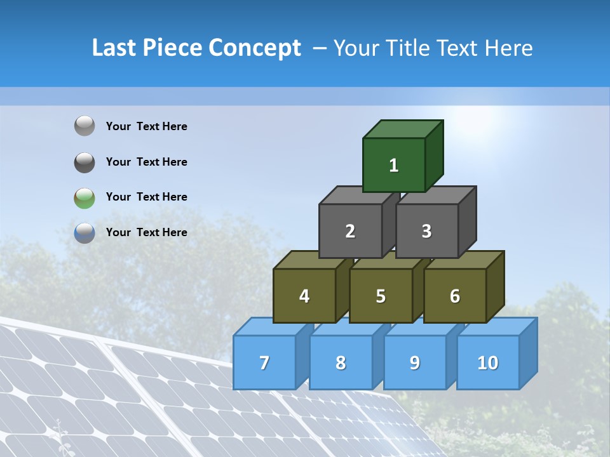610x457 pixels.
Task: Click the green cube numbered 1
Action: pyautogui.click(x=394, y=165)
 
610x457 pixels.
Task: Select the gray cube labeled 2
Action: pyautogui.click(x=350, y=231)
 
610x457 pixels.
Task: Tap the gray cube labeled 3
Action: pyautogui.click(x=426, y=231)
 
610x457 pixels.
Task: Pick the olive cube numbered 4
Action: pyautogui.click(x=304, y=296)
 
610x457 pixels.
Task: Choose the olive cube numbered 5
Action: pyautogui.click(x=381, y=296)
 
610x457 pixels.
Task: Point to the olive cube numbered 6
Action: pyautogui.click(x=455, y=296)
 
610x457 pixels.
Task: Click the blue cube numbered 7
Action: pyautogui.click(x=264, y=362)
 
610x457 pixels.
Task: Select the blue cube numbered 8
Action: pyautogui.click(x=341, y=362)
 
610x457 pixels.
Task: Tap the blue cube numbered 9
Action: pyautogui.click(x=415, y=362)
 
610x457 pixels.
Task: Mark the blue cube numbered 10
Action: pyautogui.click(x=488, y=362)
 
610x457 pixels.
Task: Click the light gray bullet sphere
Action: pyautogui.click(x=85, y=126)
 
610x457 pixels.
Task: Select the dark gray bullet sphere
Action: pyautogui.click(x=85, y=162)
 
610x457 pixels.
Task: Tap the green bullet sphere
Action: pyautogui.click(x=85, y=197)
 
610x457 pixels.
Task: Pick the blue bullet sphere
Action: pyautogui.click(x=85, y=233)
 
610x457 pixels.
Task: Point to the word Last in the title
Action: pyautogui.click(x=115, y=48)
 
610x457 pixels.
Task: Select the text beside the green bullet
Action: pyautogui.click(x=147, y=197)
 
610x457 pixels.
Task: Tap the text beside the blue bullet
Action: pyautogui.click(x=147, y=232)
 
